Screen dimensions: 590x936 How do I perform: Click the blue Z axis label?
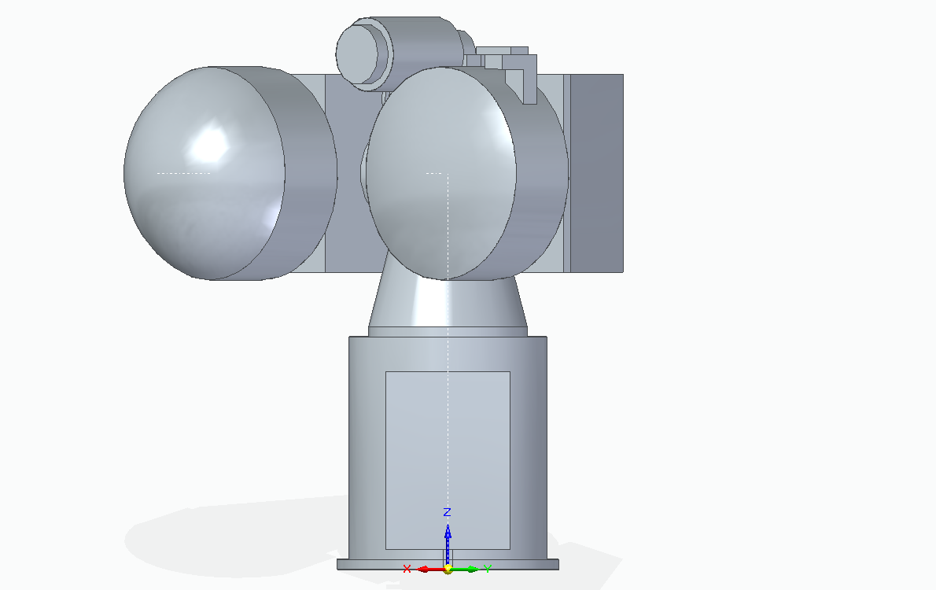click(447, 512)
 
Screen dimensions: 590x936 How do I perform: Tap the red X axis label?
click(407, 569)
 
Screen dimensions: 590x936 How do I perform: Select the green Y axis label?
click(488, 569)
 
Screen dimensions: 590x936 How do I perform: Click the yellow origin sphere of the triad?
click(448, 569)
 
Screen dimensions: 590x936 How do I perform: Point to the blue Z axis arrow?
click(448, 540)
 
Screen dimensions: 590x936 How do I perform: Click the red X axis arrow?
click(427, 569)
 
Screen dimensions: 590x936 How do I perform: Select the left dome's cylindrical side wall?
click(307, 173)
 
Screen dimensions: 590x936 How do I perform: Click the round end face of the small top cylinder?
click(363, 52)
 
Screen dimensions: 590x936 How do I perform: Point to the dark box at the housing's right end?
click(596, 173)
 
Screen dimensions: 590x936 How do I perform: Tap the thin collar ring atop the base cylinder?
click(448, 331)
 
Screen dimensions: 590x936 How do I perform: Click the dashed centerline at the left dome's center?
click(184, 172)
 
